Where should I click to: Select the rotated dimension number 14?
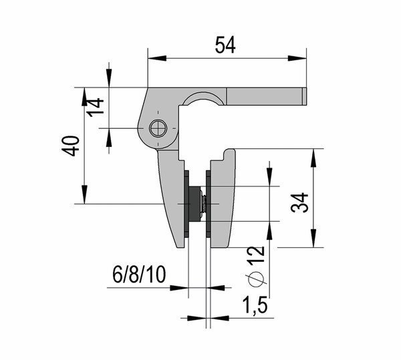click(96, 107)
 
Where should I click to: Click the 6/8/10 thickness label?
click(139, 275)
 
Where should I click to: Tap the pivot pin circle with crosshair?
click(158, 128)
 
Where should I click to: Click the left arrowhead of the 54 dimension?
click(151, 59)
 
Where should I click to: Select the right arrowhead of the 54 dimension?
click(302, 59)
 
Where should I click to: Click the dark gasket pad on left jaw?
click(187, 204)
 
